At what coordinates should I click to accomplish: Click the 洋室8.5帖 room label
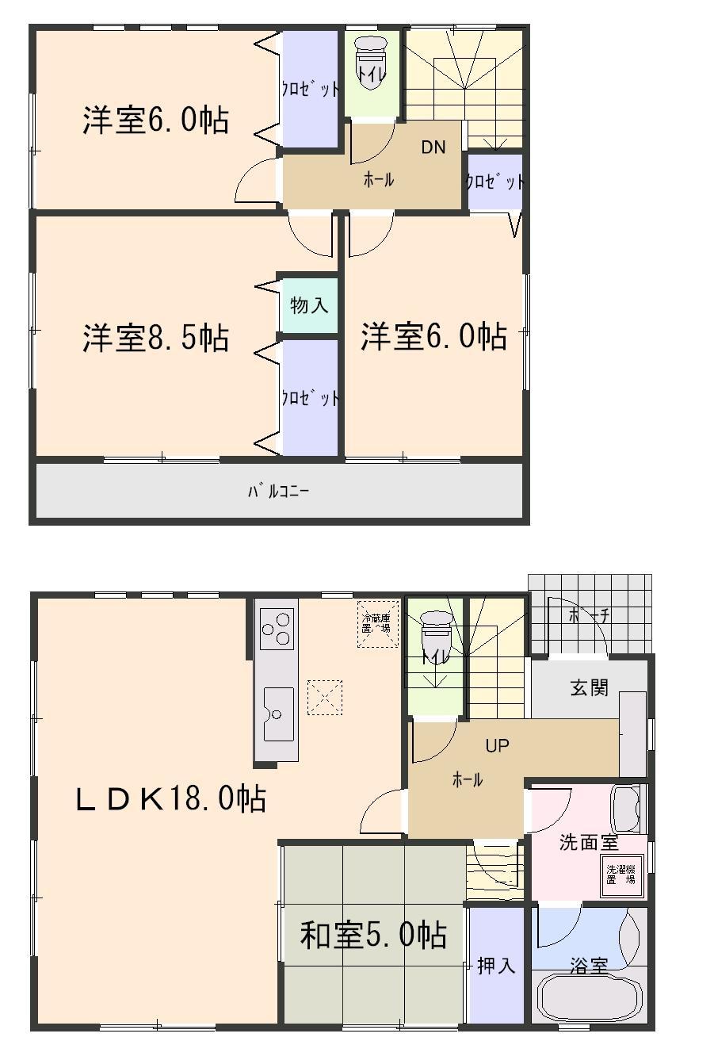pyautogui.click(x=155, y=338)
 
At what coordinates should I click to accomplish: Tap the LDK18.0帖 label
pyautogui.click(x=170, y=798)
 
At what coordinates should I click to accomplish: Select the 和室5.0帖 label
pyautogui.click(x=372, y=936)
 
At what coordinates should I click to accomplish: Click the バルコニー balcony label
pyautogui.click(x=278, y=492)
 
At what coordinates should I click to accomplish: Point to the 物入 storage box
pyautogui.click(x=309, y=304)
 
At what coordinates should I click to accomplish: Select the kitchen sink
pyautogui.click(x=276, y=714)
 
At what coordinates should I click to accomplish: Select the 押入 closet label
pyautogui.click(x=496, y=966)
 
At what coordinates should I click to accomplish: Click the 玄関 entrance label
pyautogui.click(x=589, y=687)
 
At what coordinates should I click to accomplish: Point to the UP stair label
pyautogui.click(x=497, y=745)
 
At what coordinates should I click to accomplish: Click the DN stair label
pyautogui.click(x=433, y=147)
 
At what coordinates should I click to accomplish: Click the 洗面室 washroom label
pyautogui.click(x=588, y=843)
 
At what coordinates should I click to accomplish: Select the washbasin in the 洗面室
pyautogui.click(x=628, y=809)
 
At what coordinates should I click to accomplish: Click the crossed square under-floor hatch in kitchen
pyautogui.click(x=325, y=697)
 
